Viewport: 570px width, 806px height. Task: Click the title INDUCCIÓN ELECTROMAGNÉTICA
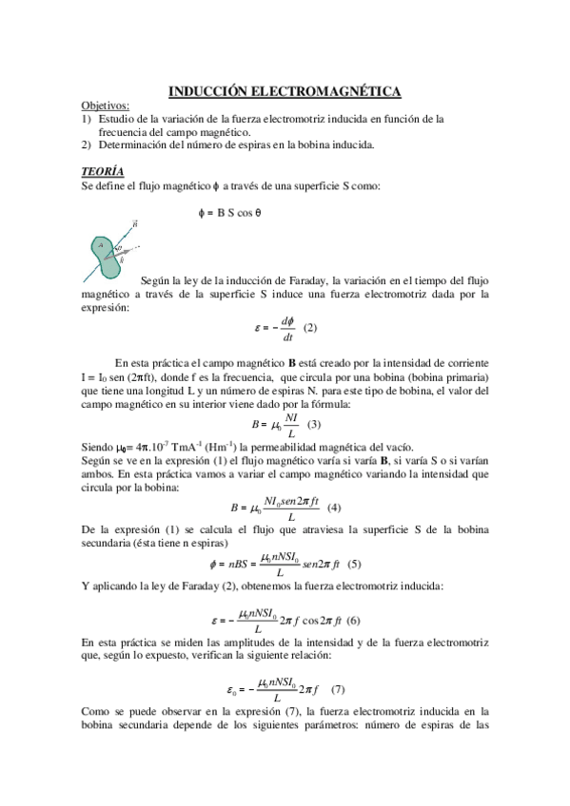285,91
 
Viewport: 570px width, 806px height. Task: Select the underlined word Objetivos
106,106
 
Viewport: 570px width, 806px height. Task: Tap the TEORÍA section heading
102,171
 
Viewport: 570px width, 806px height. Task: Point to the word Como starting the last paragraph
98,710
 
